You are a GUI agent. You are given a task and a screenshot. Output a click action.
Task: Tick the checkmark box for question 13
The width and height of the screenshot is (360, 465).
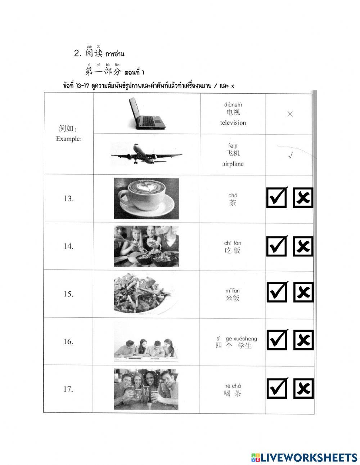pos(276,198)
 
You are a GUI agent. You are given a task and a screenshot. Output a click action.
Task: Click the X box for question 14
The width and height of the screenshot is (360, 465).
pos(303,198)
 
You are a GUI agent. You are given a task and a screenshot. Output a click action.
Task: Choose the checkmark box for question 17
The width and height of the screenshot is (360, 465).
pos(276,388)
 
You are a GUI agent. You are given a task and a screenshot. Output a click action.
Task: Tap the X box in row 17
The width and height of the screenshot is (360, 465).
pos(303,388)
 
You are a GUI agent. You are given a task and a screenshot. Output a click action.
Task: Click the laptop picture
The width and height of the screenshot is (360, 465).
pos(147,114)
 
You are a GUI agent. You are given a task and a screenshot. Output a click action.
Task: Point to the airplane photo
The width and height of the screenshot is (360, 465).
pos(146,154)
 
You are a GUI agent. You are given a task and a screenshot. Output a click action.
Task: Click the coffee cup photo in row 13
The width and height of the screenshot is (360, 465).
pos(146,198)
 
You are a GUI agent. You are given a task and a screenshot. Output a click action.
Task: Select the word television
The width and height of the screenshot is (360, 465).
pos(233,123)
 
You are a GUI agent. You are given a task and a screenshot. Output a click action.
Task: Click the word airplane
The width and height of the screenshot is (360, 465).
pos(233,164)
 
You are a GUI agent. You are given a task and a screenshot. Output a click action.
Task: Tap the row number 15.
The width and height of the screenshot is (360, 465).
pos(68,294)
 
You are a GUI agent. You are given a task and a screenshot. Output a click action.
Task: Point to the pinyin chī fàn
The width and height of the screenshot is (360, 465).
pos(233,243)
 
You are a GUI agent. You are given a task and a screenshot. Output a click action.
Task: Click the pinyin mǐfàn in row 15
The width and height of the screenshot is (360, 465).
pos(233,291)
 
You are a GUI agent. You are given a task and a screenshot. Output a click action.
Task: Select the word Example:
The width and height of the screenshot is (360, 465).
pos(68,139)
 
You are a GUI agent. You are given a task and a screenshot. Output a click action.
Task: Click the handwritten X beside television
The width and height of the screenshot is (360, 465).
pos(290,114)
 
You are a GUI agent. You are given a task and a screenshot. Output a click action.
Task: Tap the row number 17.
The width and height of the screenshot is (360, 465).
pos(68,389)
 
